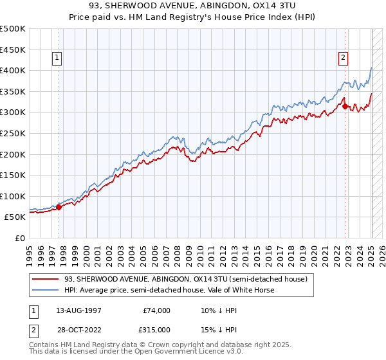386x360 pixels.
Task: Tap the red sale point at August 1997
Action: pos(59,207)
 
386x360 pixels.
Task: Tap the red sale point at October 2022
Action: pos(345,107)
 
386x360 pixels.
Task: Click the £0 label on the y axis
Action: pos(19,238)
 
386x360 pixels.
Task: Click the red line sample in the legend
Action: pos(45,279)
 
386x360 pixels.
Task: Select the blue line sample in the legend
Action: pos(45,290)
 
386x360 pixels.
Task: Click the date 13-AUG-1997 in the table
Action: pos(77,310)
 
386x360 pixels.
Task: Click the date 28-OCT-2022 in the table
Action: pos(77,328)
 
